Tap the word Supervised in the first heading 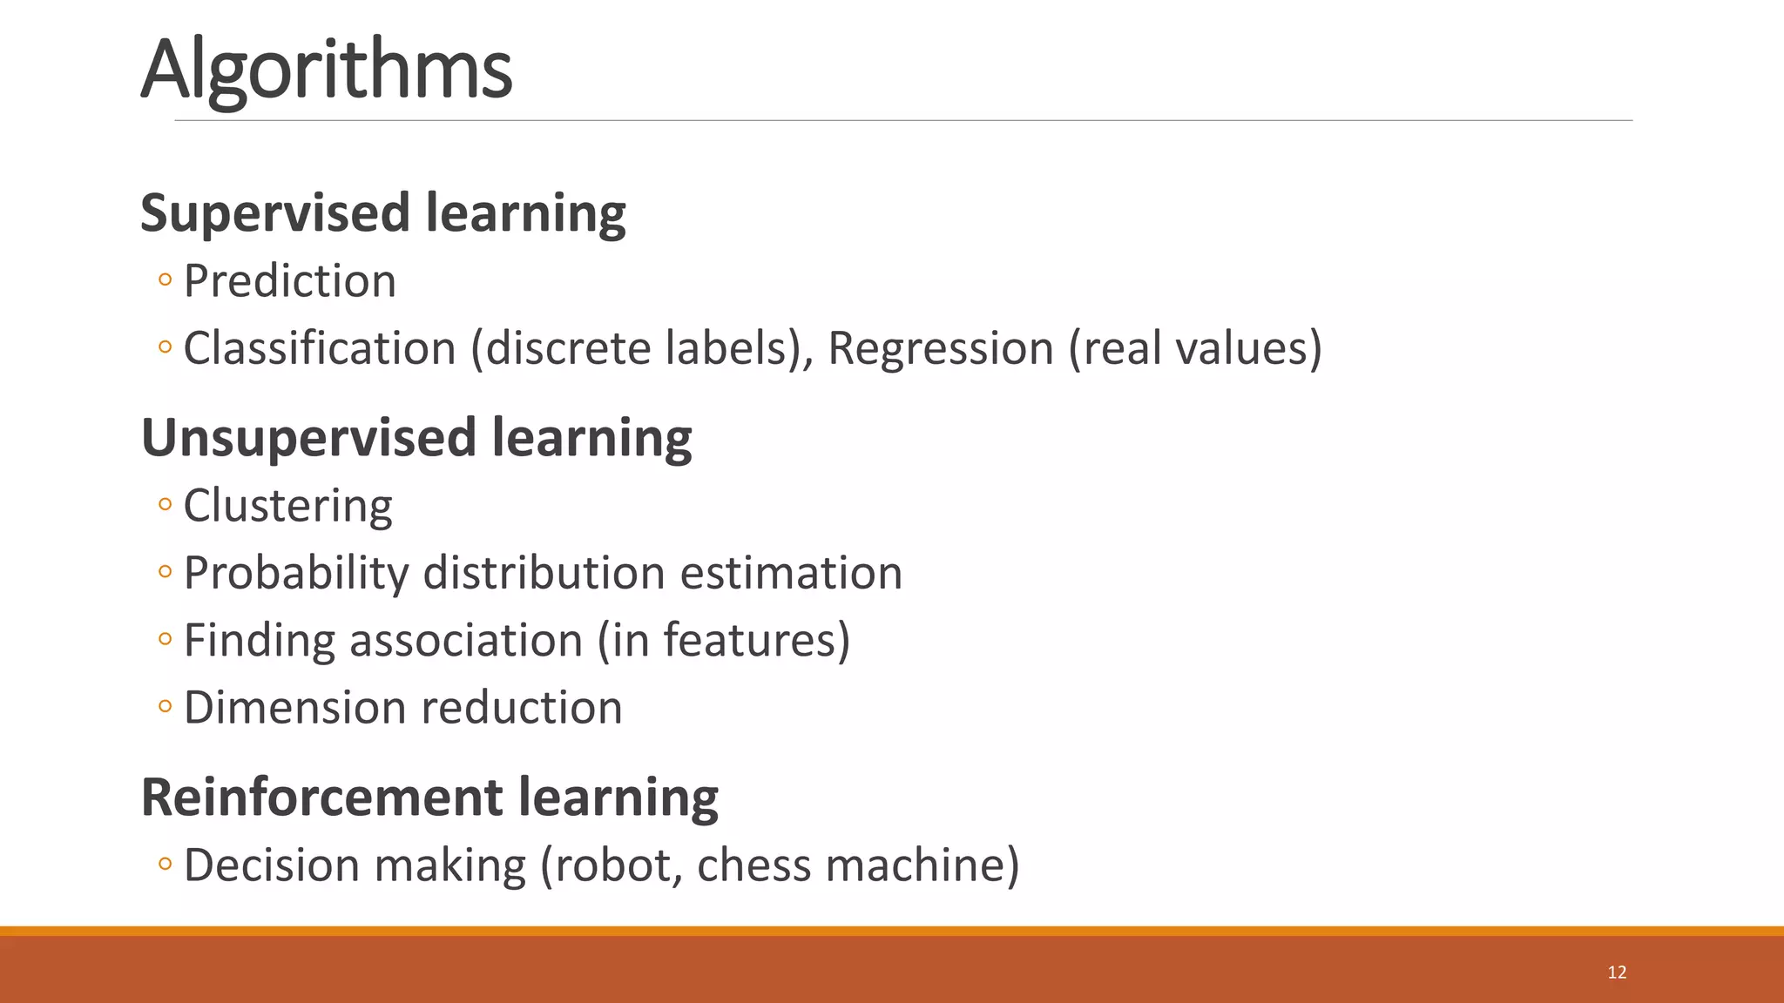(x=275, y=213)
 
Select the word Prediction (x=290, y=281)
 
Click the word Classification (x=320, y=348)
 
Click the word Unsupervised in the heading (x=308, y=437)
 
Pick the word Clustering (x=288, y=506)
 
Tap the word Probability (x=296, y=573)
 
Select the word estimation (x=791, y=573)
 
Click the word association (x=466, y=640)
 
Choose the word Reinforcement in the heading (x=322, y=797)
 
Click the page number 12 (x=1617, y=973)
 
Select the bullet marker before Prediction (x=166, y=280)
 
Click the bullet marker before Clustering (x=166, y=504)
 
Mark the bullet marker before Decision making (x=166, y=864)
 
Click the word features (x=748, y=640)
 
